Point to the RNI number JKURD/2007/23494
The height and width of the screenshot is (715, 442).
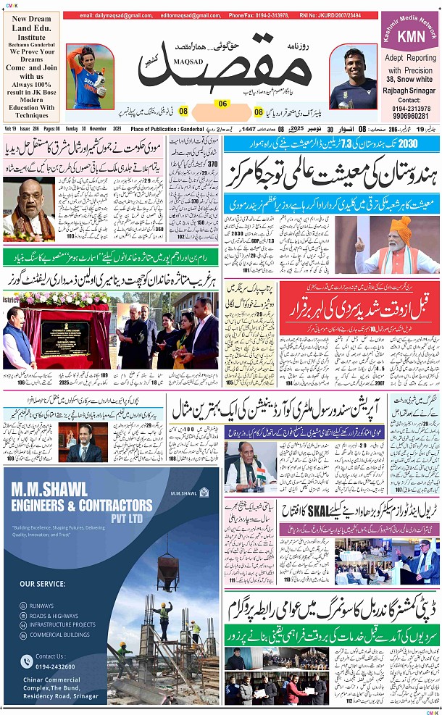point(340,15)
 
